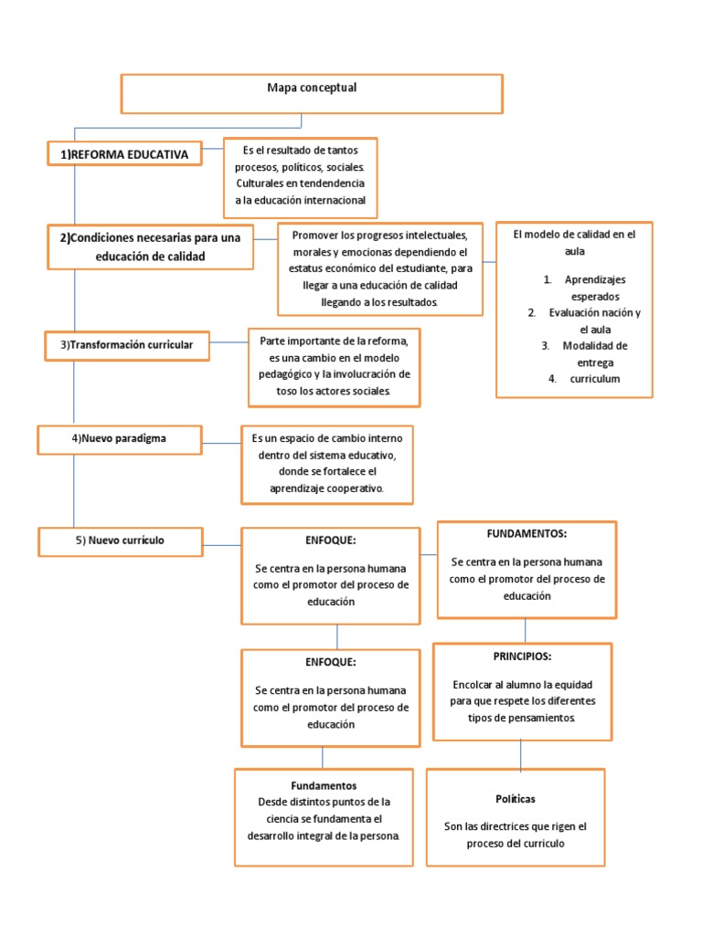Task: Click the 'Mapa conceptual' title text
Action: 312,89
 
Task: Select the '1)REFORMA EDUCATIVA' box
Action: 124,155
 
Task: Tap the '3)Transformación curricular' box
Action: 126,345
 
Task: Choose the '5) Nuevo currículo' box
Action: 120,541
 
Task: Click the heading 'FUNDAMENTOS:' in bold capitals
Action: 526,533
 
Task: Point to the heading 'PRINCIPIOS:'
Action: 522,656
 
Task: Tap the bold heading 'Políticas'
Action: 516,799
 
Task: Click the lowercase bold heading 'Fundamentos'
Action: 324,785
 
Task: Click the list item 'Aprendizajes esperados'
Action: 595,288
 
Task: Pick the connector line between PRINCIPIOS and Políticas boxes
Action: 521,754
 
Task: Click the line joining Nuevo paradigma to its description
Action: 222,444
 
